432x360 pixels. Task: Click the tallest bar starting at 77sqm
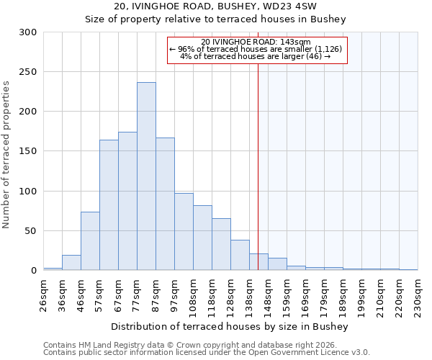pyautogui.click(x=146, y=176)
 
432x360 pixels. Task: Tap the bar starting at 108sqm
pyautogui.click(x=202, y=238)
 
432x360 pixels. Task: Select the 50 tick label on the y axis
pyautogui.click(x=30, y=231)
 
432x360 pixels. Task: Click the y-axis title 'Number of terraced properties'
pyautogui.click(x=6, y=154)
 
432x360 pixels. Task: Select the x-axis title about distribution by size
pyautogui.click(x=230, y=327)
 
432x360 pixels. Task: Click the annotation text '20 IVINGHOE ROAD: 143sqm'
pyautogui.click(x=256, y=42)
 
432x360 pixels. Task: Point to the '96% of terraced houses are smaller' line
pyautogui.click(x=256, y=49)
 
